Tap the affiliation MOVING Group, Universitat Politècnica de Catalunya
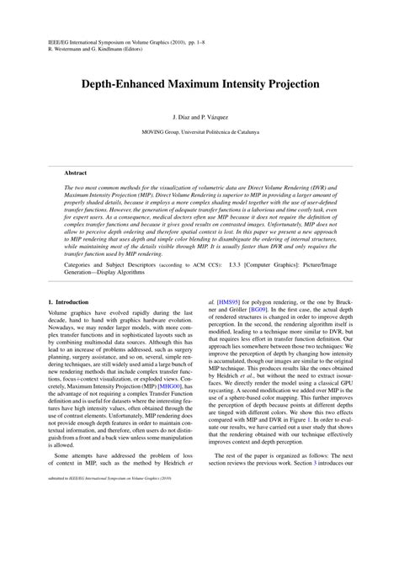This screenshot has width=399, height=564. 199,132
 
